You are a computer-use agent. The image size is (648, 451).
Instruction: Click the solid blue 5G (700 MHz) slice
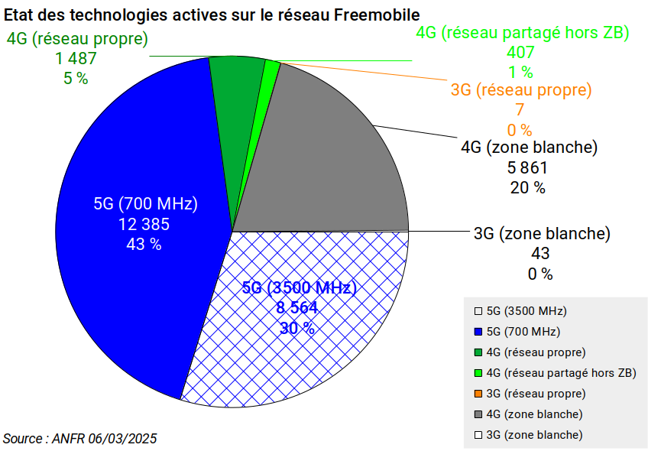coord(136,232)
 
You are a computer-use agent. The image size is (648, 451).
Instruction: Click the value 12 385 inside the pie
coord(144,224)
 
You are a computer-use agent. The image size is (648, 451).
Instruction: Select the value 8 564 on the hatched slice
coord(297,307)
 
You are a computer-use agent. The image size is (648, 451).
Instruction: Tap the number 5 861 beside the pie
coord(527,168)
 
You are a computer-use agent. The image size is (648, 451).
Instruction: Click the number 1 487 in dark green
coord(76,58)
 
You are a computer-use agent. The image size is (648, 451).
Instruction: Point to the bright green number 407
coord(520,52)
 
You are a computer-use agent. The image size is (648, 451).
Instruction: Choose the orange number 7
coord(520,109)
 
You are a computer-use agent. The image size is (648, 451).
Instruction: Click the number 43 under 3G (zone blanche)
coord(540,254)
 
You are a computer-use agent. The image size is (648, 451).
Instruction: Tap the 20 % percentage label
coord(528,188)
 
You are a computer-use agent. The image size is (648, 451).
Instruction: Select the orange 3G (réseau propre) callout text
coord(521,89)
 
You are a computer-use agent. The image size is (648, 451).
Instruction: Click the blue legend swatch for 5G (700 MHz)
coord(478,332)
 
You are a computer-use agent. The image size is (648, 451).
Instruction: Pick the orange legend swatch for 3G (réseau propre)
coord(478,394)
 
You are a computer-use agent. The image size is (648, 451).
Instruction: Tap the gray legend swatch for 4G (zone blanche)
coord(478,414)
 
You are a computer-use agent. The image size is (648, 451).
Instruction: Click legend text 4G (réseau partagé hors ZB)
coord(561,373)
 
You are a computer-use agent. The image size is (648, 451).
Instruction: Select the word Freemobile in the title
coord(377,15)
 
